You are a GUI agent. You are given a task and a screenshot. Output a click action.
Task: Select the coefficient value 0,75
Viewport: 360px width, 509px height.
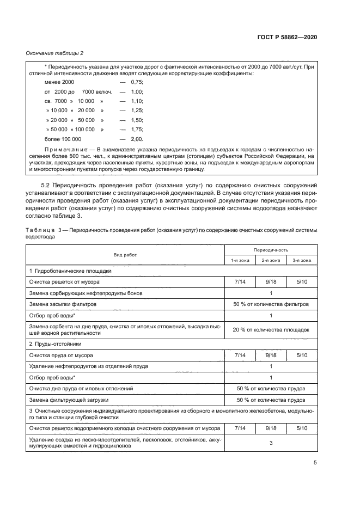pos(137,82)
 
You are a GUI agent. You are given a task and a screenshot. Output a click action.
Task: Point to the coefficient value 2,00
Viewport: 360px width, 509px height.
pos(137,139)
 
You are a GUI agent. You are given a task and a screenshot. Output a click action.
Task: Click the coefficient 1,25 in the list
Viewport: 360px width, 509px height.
pos(137,110)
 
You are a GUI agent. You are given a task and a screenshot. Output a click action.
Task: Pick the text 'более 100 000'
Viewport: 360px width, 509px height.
pos(62,139)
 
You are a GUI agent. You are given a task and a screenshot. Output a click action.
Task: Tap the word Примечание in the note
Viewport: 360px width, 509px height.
pos(65,148)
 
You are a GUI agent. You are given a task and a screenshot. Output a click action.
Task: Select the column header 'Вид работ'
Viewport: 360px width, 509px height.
pos(125,255)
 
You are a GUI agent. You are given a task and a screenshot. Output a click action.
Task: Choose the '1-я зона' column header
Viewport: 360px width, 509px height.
pos(240,260)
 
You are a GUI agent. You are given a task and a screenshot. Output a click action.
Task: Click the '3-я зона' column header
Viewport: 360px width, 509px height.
pos(302,260)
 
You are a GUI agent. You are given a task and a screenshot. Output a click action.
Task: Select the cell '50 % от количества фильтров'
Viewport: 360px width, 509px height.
pos(271,304)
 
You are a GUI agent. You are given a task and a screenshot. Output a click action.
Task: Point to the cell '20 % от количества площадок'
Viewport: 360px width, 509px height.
pos(271,329)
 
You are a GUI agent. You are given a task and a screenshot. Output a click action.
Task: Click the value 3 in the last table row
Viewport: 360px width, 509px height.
pos(271,443)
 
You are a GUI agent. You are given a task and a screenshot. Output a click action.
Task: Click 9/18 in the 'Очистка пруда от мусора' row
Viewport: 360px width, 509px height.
pos(271,355)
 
